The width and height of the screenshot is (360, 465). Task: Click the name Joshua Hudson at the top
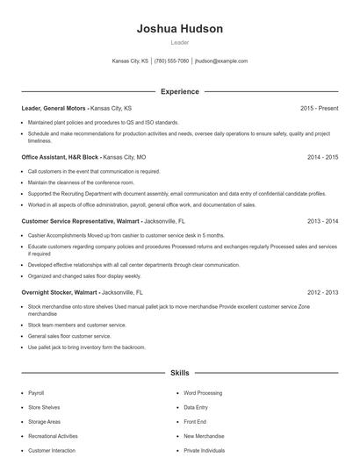click(x=179, y=29)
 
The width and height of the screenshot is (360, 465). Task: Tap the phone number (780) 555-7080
click(x=172, y=61)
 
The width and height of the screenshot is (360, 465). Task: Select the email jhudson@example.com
click(x=221, y=61)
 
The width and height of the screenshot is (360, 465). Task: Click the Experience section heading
click(x=179, y=91)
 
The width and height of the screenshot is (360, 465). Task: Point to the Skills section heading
click(x=179, y=373)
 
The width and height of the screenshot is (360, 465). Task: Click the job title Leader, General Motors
click(x=54, y=108)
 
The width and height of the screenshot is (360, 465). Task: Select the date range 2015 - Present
click(x=319, y=108)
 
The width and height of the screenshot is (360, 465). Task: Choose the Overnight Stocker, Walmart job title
click(x=60, y=291)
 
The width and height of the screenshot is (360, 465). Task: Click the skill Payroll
click(x=36, y=393)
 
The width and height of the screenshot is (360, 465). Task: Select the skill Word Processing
click(x=203, y=393)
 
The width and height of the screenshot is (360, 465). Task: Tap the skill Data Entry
click(x=195, y=407)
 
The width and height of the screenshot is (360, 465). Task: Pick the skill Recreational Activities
click(x=53, y=436)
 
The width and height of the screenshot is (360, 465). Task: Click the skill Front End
click(x=195, y=422)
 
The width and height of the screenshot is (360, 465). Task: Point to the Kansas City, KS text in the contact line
click(x=131, y=61)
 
